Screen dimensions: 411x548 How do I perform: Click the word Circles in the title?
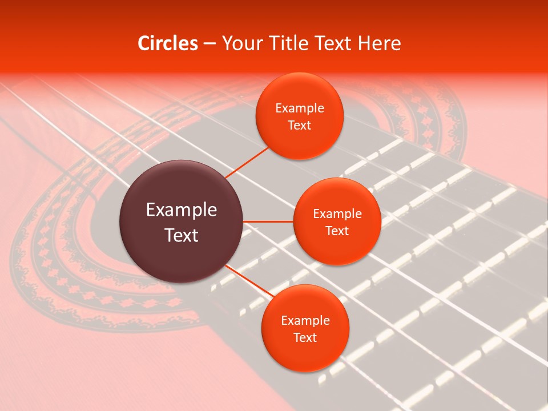click(x=168, y=43)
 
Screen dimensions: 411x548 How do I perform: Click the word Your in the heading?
click(x=240, y=43)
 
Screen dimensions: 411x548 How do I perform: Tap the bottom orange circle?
click(x=305, y=354)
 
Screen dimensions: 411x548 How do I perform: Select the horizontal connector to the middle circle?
click(x=268, y=221)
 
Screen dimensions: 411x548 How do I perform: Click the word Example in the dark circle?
click(x=182, y=210)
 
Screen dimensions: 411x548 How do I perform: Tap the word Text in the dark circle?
click(x=182, y=235)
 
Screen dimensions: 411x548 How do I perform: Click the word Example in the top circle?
click(x=300, y=108)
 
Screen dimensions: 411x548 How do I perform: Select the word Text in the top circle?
click(x=300, y=125)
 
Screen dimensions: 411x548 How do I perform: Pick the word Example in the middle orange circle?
click(x=337, y=214)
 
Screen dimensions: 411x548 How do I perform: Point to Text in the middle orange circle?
click(x=337, y=231)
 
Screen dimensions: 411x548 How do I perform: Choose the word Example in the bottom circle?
click(x=305, y=321)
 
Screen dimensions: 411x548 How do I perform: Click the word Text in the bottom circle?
click(x=305, y=337)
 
